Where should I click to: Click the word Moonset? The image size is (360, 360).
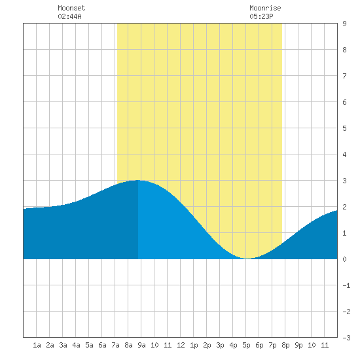(x=71, y=8)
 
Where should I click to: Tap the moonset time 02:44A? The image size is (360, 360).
(x=69, y=16)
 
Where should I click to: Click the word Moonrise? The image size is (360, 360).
(x=265, y=8)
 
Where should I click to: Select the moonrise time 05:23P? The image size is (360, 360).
(x=261, y=16)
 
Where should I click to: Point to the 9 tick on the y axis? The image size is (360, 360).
(x=344, y=24)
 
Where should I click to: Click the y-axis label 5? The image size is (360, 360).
(x=344, y=128)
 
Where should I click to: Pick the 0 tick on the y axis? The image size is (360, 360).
(x=344, y=259)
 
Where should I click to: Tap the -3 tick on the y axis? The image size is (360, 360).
(x=346, y=338)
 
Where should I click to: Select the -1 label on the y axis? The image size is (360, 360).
(x=346, y=285)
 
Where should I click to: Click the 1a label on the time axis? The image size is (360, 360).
(x=37, y=345)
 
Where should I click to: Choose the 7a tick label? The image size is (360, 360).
(x=115, y=345)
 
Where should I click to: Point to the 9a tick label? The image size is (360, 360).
(x=141, y=345)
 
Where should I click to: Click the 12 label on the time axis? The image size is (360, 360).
(x=181, y=345)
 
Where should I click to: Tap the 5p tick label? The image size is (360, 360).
(x=246, y=345)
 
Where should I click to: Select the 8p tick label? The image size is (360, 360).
(x=285, y=345)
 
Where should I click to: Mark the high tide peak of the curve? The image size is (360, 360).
(x=138, y=180)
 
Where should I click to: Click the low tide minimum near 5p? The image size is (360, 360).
(x=247, y=259)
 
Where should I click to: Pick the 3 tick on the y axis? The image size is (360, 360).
(x=344, y=181)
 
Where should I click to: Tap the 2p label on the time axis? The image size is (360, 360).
(x=207, y=345)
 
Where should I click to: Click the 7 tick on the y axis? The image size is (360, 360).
(x=344, y=76)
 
